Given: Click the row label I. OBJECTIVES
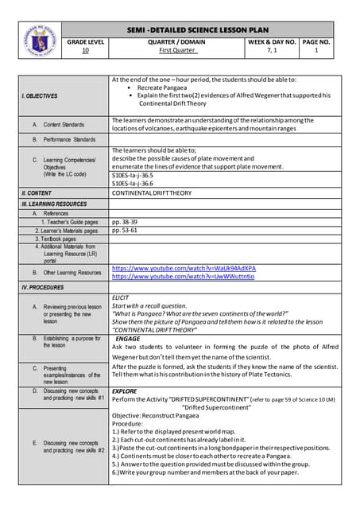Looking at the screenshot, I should pyautogui.click(x=40, y=95).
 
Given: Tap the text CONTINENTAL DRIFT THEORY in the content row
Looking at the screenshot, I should pyautogui.click(x=152, y=192).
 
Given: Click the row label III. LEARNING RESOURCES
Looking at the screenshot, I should pyautogui.click(x=55, y=204).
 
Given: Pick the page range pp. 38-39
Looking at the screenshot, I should pyautogui.click(x=126, y=222).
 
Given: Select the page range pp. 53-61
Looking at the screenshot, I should pyautogui.click(x=126, y=231).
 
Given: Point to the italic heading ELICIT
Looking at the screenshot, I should pyautogui.click(x=121, y=297).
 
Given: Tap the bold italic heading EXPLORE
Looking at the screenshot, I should pyautogui.click(x=125, y=391).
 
